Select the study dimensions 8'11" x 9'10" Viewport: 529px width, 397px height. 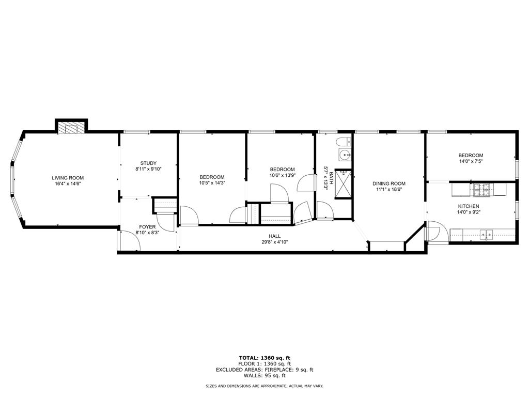coord(148,169)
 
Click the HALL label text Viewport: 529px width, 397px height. coord(274,236)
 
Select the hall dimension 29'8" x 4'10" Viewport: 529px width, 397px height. coord(274,241)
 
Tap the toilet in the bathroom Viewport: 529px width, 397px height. coord(343,142)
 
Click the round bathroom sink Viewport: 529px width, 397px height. coord(344,154)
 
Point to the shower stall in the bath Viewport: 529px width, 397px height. coord(343,184)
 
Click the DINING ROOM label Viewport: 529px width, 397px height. coord(390,184)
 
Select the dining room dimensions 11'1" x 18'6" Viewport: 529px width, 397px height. coord(390,189)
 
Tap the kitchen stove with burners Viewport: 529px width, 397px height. coord(482,190)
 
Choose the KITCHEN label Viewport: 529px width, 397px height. coord(468,206)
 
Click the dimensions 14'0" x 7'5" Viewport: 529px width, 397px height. coord(471,161)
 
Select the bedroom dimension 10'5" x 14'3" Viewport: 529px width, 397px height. coord(212,182)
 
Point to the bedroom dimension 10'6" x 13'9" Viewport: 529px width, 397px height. coord(282,175)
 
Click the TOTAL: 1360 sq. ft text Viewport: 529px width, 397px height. coord(264,358)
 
